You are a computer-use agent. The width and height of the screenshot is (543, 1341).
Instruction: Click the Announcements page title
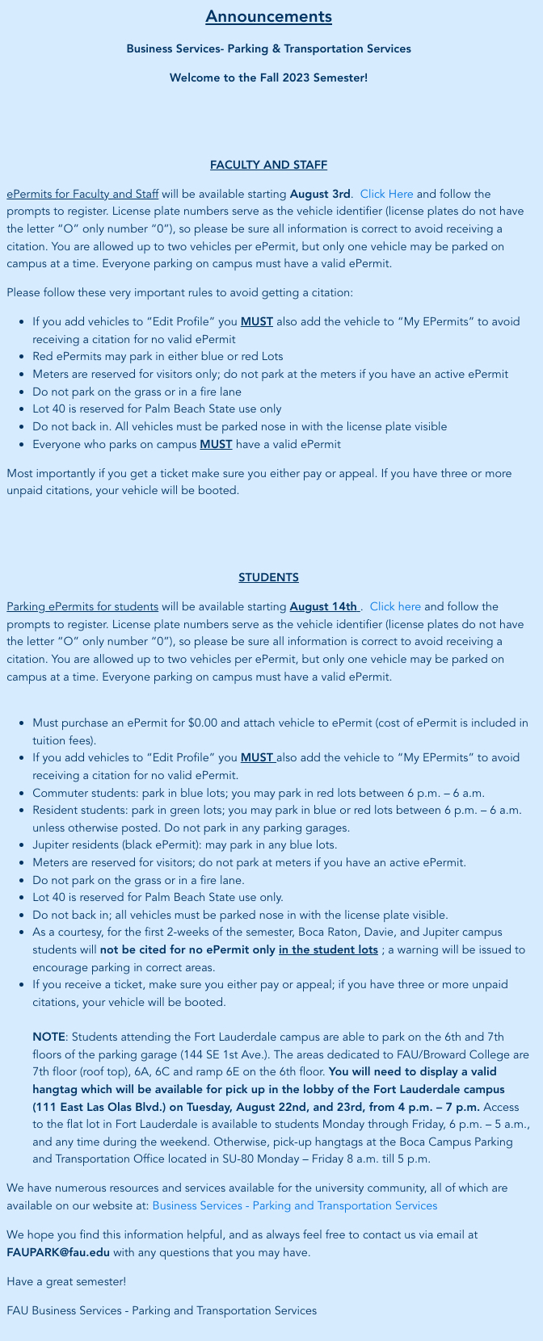coord(268,17)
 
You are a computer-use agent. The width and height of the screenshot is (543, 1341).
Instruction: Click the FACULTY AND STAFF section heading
coord(268,166)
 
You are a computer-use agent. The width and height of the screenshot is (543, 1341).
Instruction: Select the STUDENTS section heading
coord(268,578)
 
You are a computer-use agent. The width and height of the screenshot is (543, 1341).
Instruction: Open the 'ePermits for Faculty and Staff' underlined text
coord(82,195)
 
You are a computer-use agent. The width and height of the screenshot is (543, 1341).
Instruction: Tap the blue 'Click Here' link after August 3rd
coord(386,195)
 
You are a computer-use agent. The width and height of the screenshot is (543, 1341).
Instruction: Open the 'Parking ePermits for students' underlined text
coord(82,607)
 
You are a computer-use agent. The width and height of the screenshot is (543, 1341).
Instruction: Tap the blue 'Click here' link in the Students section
coord(395,607)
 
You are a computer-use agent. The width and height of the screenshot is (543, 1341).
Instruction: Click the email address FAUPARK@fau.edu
coord(58,1253)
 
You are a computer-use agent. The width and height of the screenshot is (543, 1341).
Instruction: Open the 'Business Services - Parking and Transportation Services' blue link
coord(294,1206)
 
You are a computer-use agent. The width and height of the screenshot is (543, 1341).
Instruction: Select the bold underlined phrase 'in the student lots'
coord(328,950)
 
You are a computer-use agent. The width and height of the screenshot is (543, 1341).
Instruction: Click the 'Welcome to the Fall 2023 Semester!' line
coord(268,78)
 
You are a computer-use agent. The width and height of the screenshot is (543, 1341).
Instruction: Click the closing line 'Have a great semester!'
coord(66,1282)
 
